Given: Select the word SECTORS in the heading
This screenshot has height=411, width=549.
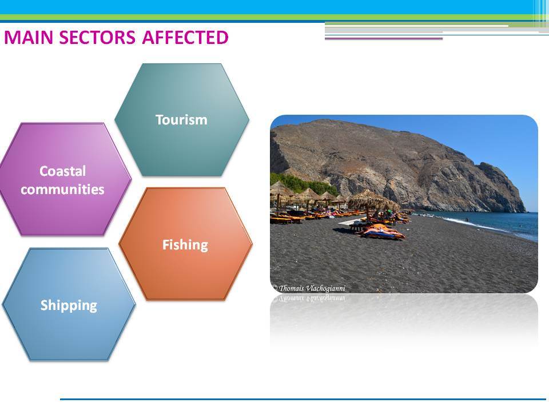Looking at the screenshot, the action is click(x=97, y=38).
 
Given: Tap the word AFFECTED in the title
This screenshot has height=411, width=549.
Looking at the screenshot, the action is click(x=185, y=38).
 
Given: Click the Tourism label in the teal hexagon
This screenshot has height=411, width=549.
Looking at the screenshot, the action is click(x=181, y=120).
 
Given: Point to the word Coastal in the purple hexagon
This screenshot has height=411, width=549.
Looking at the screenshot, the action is click(x=63, y=171).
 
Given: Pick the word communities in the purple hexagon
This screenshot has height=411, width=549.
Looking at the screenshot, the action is click(x=62, y=190).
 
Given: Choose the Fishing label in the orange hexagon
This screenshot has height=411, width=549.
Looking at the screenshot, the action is click(x=185, y=245).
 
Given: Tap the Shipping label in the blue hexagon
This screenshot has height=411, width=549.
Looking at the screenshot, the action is click(x=69, y=305).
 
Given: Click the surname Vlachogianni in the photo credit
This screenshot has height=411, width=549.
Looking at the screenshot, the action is click(x=325, y=288).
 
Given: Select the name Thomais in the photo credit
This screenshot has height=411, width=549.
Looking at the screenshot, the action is click(x=292, y=288).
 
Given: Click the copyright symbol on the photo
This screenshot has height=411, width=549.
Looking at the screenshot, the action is click(x=275, y=288).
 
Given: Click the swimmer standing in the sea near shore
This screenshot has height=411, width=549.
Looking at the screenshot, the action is click(x=467, y=219).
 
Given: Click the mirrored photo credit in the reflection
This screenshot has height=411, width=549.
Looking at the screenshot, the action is click(x=309, y=298).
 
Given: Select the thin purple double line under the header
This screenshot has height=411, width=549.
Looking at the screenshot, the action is click(x=384, y=38).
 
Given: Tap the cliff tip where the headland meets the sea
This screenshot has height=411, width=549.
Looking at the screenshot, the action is click(x=524, y=211).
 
